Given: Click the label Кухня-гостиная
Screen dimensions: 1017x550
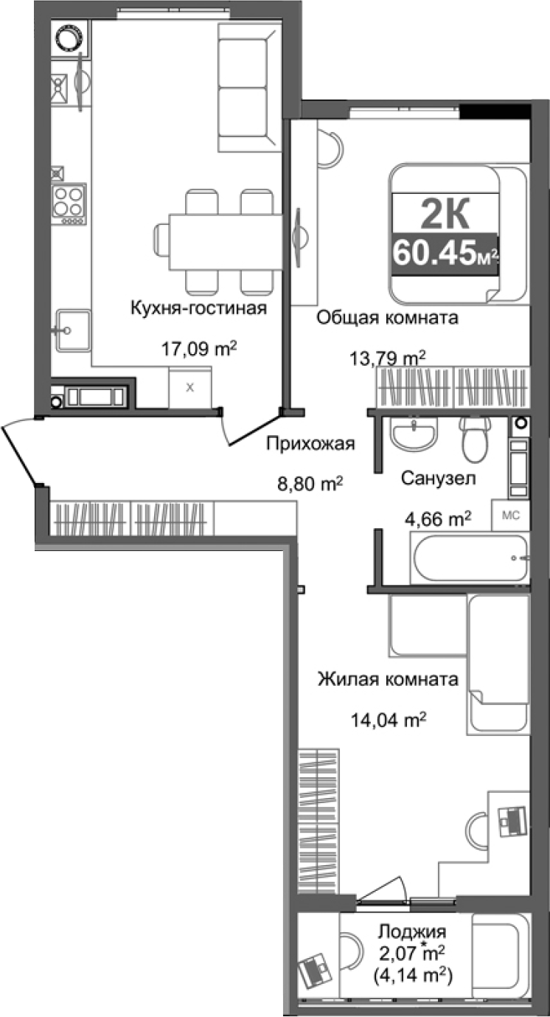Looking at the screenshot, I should coord(198,307).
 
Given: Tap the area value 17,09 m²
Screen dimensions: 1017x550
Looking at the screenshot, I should coord(199,348).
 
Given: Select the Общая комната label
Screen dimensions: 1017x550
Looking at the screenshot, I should coord(388,318).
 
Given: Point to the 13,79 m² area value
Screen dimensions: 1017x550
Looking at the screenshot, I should coord(388,359).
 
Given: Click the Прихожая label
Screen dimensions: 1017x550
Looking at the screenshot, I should coord(310,443).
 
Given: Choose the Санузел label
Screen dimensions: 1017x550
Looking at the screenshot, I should coord(438,478).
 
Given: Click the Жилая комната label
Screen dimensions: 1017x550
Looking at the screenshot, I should coord(388,678).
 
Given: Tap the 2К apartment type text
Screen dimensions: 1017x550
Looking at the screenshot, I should coord(445,215).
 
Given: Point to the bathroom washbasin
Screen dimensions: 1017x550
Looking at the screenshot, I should coord(414,435).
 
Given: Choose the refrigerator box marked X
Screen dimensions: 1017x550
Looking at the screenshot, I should coord(190,387).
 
